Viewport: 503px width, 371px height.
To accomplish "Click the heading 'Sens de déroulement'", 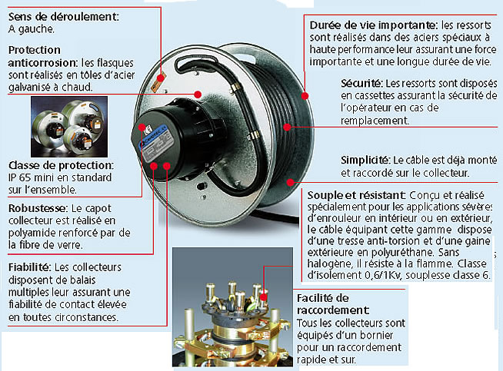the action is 64,17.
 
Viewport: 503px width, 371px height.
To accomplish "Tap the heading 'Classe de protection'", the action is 61,165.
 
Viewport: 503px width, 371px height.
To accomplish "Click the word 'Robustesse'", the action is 38,208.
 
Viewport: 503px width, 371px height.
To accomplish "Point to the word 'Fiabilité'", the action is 29,267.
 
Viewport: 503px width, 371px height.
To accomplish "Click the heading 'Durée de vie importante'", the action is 374,25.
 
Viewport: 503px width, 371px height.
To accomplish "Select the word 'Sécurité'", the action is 361,83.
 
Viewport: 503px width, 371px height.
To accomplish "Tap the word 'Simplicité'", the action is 365,160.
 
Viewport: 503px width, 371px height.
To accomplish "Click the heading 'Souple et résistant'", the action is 356,195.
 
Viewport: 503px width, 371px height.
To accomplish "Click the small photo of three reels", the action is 69,127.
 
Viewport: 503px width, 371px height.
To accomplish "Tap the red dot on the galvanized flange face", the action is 198,94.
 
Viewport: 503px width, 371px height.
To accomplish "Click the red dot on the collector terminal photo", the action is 263,297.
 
